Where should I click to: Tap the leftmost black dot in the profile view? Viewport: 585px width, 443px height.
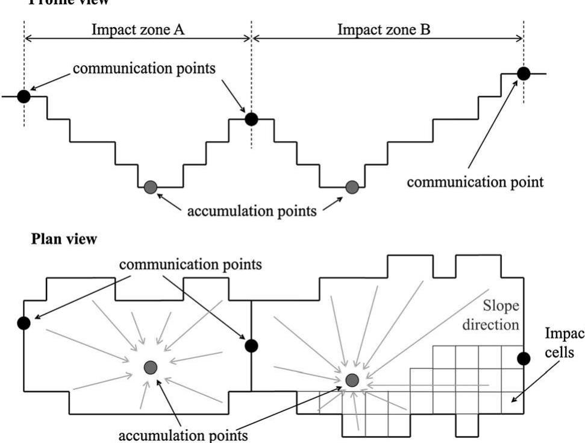(x=23, y=96)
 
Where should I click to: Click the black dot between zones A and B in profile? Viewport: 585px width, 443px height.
(x=251, y=119)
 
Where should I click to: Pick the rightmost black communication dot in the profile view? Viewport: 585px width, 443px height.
(x=523, y=74)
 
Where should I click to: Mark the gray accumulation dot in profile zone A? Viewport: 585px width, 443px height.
(x=151, y=187)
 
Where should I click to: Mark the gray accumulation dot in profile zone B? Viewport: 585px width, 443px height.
(x=352, y=187)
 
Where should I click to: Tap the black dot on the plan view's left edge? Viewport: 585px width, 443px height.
(x=23, y=323)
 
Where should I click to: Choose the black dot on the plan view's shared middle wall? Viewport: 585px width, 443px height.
(x=251, y=345)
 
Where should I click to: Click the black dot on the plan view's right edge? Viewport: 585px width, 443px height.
(x=524, y=359)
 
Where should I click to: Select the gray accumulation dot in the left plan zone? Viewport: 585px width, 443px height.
(x=151, y=367)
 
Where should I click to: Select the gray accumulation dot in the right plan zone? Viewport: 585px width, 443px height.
(x=352, y=379)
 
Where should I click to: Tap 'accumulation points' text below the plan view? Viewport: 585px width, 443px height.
(x=192, y=434)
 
